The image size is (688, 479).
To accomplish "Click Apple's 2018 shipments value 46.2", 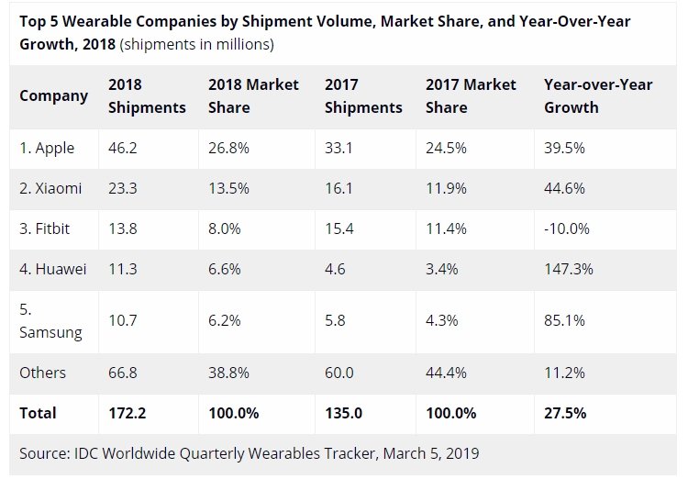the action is point(122,148).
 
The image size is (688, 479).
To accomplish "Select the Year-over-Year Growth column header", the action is point(598,95).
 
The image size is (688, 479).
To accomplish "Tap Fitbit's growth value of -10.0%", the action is point(567,228).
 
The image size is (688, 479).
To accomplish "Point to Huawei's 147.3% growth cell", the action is point(568,269).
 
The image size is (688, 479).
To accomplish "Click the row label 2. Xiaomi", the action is point(50,188).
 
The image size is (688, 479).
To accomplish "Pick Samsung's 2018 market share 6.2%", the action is point(224,320).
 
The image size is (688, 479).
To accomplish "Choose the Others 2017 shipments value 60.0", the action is point(338,373).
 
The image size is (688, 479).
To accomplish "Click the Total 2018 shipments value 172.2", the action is point(127,413).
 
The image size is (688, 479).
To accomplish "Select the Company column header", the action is point(53,96).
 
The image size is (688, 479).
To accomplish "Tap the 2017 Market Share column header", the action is point(471,95).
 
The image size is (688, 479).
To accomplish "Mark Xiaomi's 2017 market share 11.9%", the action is point(446,188).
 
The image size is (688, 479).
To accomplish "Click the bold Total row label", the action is point(38,413).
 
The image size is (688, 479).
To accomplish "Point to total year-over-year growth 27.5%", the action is point(565,413).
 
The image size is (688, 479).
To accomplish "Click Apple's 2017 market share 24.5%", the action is point(446,148).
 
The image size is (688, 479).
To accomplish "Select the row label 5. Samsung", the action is point(50,321).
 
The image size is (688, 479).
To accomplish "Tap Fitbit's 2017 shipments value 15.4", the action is point(338,228).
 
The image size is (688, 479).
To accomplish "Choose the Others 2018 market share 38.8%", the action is point(228,373).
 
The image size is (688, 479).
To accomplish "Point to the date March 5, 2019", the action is point(430,453).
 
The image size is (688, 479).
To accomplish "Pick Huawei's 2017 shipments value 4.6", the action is point(335,269).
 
